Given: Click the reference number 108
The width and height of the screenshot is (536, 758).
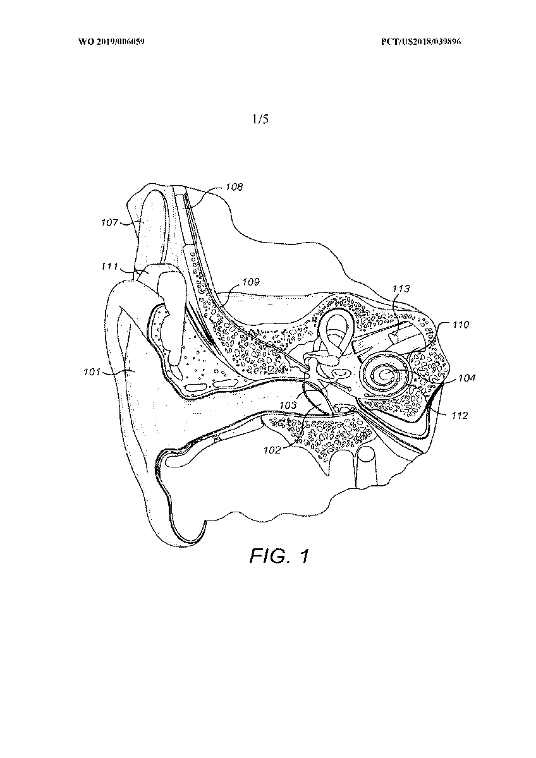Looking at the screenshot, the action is click(x=234, y=187).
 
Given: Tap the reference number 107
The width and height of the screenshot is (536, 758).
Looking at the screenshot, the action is click(x=109, y=222).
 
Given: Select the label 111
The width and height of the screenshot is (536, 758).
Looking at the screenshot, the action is click(x=109, y=267).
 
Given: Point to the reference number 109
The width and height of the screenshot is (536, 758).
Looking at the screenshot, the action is click(x=251, y=282).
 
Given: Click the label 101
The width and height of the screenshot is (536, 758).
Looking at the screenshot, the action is click(x=92, y=372).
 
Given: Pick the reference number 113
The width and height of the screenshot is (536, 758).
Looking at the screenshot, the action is click(x=401, y=289).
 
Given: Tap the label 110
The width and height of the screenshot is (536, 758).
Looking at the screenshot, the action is click(x=461, y=325).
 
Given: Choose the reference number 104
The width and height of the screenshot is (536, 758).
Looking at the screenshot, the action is click(x=466, y=378).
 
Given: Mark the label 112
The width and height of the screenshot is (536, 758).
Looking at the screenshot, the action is click(x=459, y=415).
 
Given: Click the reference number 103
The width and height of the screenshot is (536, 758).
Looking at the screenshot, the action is click(x=288, y=405).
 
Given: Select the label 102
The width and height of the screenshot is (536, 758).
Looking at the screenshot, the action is click(x=272, y=450).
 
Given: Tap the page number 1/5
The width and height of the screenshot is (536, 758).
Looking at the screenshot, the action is click(x=260, y=119).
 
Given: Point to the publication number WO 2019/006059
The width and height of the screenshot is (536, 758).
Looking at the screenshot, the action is click(x=111, y=42).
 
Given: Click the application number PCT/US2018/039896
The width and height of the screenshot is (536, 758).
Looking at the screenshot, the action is click(x=421, y=42).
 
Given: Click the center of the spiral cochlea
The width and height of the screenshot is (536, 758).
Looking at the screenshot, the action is click(x=384, y=375).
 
